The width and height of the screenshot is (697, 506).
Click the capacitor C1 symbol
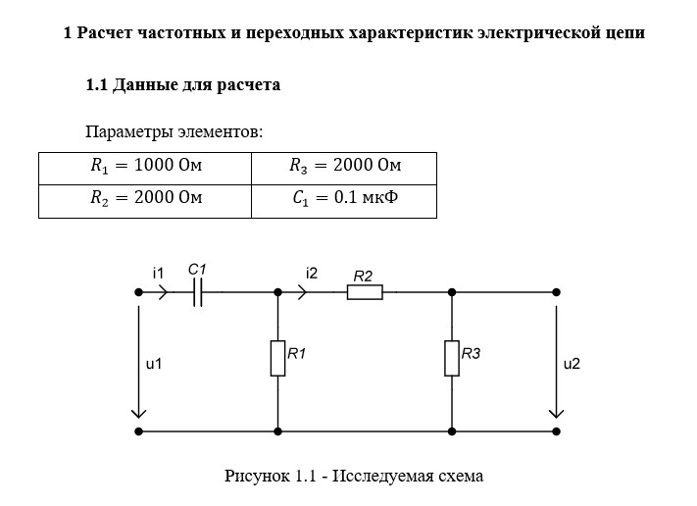point(198,291)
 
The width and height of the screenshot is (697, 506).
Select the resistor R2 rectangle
point(365,291)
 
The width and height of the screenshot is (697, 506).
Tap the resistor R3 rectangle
point(452,358)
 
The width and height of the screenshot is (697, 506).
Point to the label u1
point(153,364)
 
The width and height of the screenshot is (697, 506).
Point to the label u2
point(572,364)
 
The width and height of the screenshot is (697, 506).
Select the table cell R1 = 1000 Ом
point(146,167)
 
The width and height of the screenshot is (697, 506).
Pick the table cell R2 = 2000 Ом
point(146,199)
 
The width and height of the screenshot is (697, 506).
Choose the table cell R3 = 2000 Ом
point(345,167)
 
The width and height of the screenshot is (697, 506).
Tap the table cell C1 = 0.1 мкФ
point(345,199)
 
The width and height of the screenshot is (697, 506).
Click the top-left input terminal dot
point(138,291)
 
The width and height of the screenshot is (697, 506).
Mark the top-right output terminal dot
point(557,291)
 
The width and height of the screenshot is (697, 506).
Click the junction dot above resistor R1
point(277,291)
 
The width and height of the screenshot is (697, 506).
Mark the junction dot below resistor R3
point(452,430)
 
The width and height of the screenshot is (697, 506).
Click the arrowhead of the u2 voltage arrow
point(557,412)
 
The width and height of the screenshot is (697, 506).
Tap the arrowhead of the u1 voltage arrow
point(138,412)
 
